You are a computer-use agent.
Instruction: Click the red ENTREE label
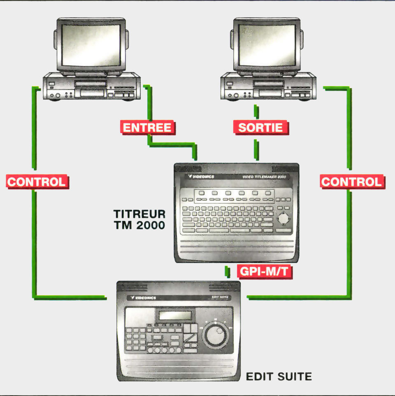click(147, 127)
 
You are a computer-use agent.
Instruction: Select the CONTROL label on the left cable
click(37, 182)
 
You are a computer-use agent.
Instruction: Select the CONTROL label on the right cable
click(351, 182)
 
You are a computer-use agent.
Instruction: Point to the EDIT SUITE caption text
click(279, 376)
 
